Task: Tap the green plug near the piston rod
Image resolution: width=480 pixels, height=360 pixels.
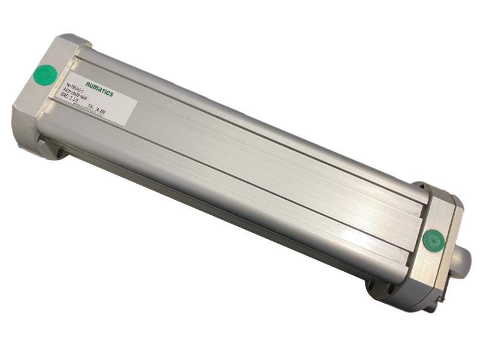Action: click(433, 241)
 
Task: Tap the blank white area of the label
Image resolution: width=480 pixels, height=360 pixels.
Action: click(120, 108)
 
